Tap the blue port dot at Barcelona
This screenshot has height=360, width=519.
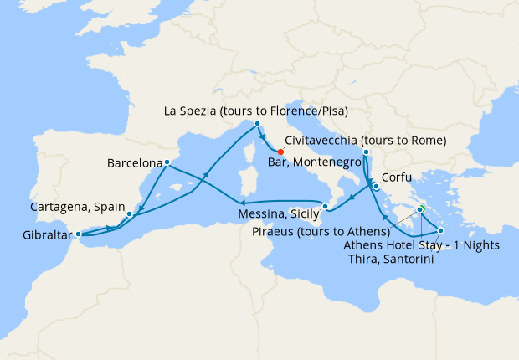167,162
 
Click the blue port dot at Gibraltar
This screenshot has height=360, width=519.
78,234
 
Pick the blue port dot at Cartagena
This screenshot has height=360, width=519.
129,213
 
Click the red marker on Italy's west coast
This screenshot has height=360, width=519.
280,152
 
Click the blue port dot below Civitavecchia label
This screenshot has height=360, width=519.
365,152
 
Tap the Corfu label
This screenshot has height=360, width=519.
396,177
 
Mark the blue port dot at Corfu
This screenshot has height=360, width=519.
376,187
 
